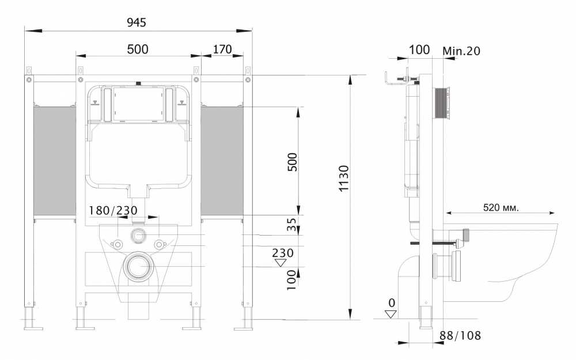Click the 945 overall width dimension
point(137,22)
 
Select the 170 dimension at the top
point(222,49)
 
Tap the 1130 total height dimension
point(343,178)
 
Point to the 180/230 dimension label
point(113,210)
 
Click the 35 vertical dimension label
point(291,225)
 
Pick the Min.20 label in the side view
point(461,51)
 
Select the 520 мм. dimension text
point(501,207)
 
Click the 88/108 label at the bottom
point(460,335)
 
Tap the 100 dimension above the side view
point(419,50)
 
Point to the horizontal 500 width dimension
point(138,49)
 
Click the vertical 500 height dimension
point(292,162)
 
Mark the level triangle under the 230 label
point(281,263)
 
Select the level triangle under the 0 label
point(391,314)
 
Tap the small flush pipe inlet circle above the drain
point(138,236)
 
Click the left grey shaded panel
point(55,161)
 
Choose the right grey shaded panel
point(222,161)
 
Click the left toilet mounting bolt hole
point(118,244)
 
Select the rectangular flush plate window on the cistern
point(138,104)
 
